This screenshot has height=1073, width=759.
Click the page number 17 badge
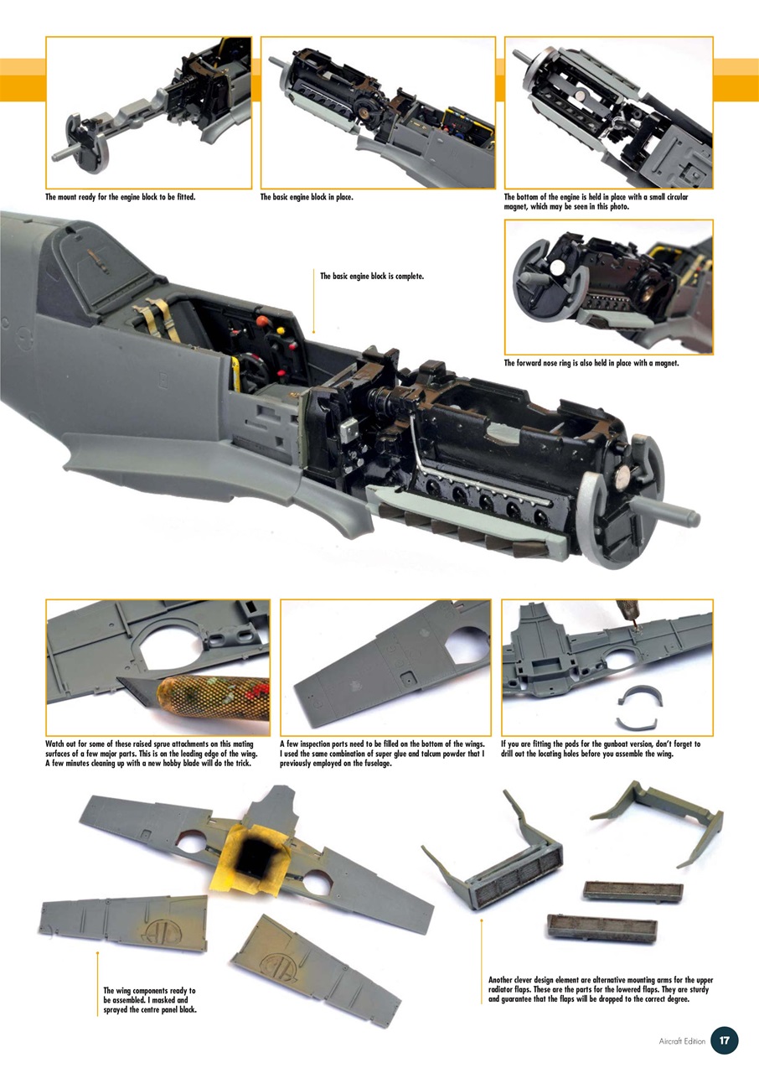[724, 1040]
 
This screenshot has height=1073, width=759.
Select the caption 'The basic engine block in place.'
[307, 198]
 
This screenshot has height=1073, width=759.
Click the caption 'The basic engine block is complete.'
[372, 275]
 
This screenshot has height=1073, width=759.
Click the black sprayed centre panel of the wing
[255, 857]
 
